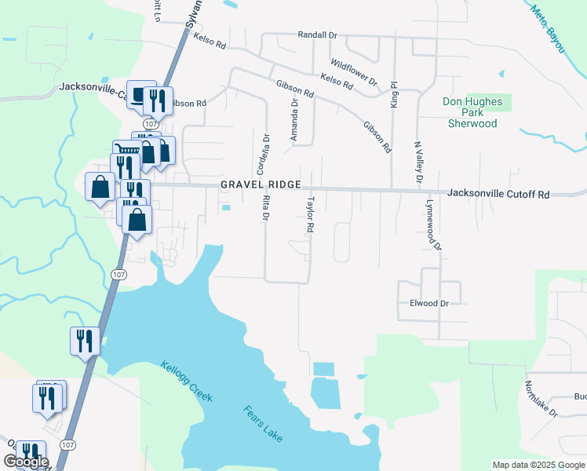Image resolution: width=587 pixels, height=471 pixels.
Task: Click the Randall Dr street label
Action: coord(316,35)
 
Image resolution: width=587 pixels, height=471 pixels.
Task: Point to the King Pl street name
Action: coord(395,93)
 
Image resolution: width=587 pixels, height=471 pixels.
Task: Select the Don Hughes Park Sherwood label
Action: coord(472,112)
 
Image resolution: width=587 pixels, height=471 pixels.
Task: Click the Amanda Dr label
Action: coord(295,119)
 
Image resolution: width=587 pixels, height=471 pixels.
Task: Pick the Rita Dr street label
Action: coord(265,206)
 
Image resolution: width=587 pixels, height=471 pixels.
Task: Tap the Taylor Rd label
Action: coord(310,215)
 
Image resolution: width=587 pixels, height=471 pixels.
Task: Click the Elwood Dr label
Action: coord(428,303)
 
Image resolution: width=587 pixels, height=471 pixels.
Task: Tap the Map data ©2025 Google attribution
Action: coord(538,465)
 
